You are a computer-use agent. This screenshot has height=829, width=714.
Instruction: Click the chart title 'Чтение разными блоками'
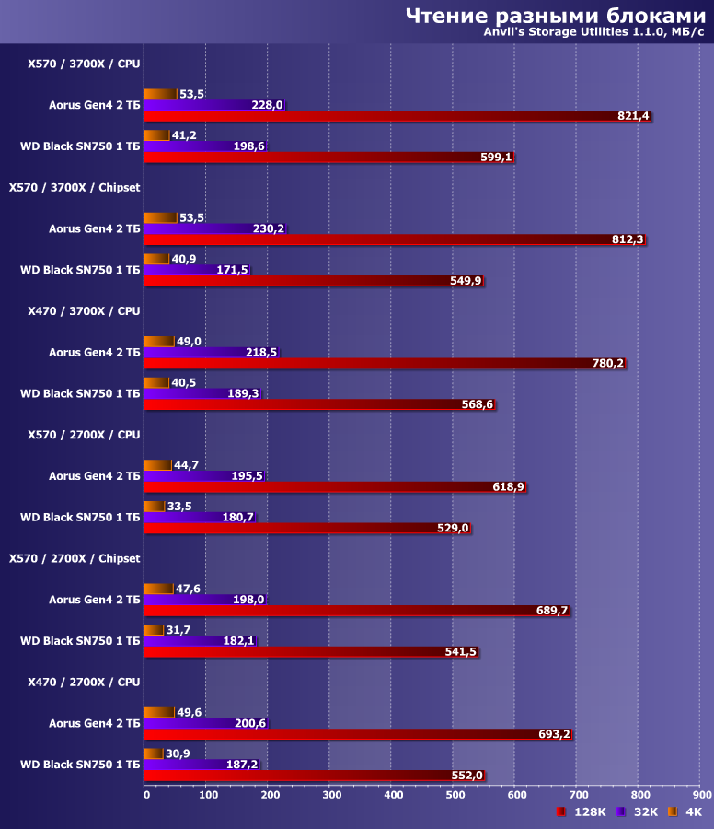coord(555,16)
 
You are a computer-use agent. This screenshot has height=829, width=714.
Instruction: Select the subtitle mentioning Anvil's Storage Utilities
coord(594,34)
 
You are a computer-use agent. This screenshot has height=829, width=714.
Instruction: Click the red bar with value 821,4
coord(397,116)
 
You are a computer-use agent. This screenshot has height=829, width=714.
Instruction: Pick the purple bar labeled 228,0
coord(215,105)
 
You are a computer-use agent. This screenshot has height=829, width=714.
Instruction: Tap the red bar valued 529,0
coord(308,528)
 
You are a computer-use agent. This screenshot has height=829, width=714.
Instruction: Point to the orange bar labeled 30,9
coord(155,753)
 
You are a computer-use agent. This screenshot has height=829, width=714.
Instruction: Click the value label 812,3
coord(627,239)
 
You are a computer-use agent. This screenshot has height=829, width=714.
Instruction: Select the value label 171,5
coord(230,270)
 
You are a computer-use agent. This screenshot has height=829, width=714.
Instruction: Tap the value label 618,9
coord(508,486)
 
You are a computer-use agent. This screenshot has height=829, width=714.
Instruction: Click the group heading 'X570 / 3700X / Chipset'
coord(75,187)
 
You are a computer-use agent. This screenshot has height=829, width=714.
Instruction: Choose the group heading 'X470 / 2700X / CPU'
coord(84,682)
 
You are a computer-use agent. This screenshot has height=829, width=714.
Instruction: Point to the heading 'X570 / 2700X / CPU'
coord(84,434)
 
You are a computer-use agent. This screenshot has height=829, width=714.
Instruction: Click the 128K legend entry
coord(582,811)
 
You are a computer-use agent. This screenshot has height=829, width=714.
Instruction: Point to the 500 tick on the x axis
coord(455,793)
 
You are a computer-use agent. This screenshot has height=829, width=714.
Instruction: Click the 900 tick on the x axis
coord(702,793)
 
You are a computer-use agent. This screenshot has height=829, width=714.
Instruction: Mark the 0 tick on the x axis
coord(146,793)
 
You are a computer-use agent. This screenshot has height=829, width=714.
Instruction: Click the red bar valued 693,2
coord(358,734)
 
